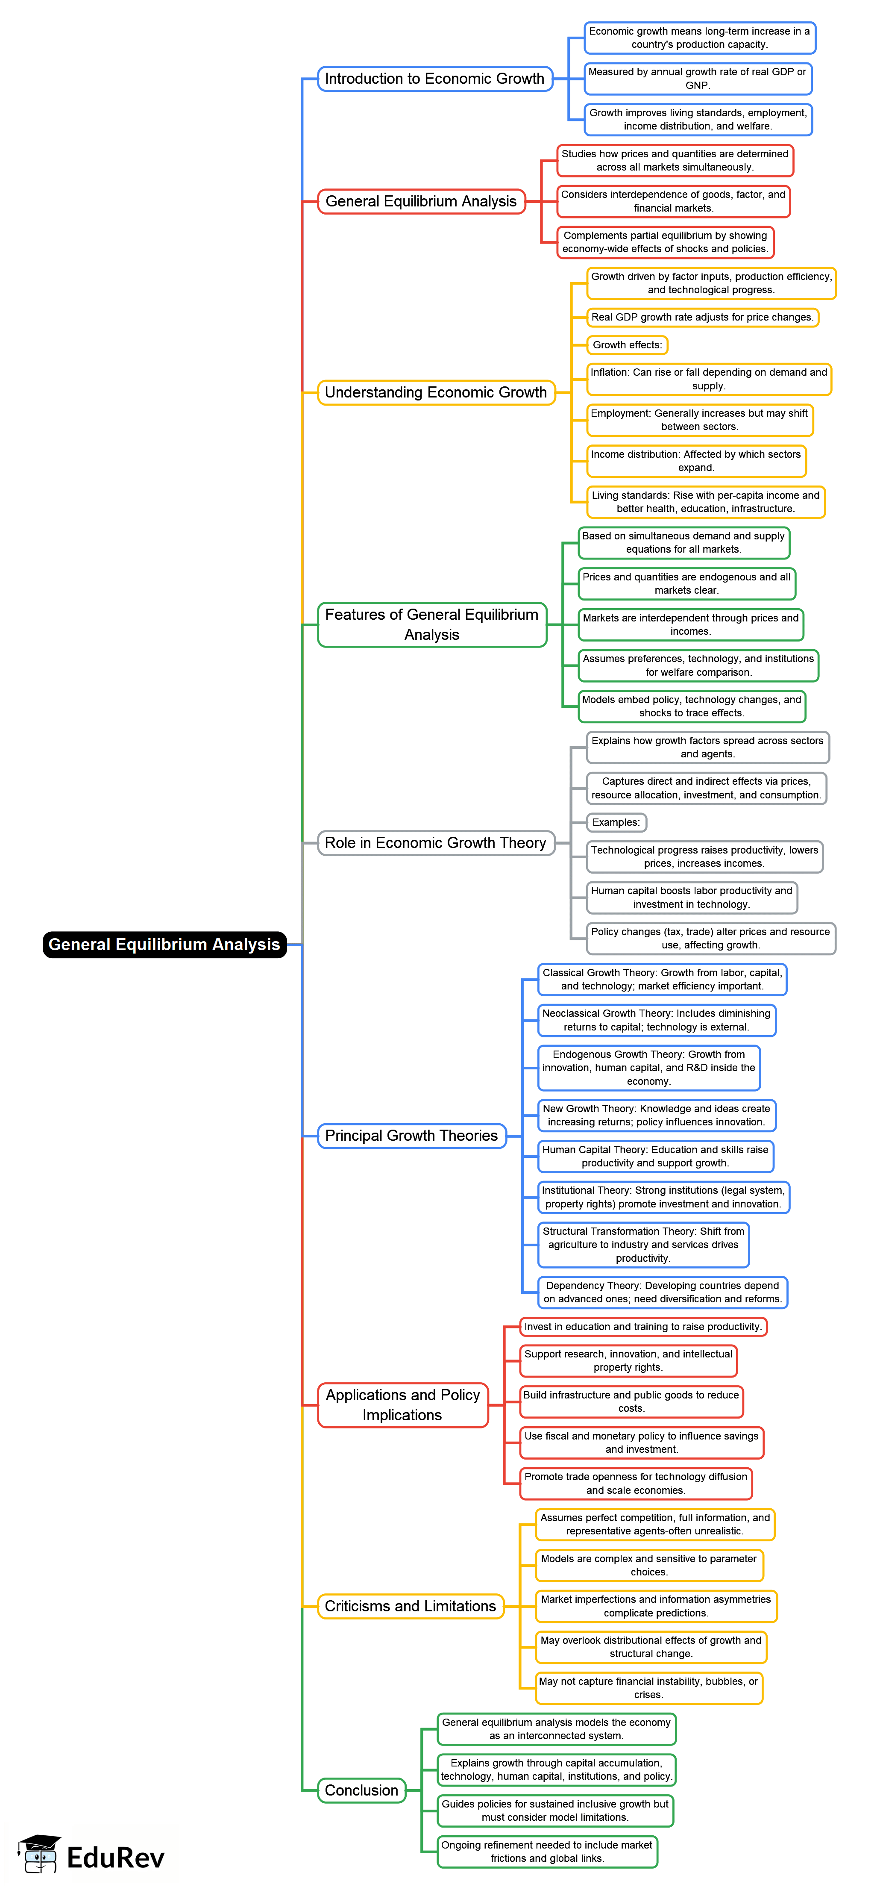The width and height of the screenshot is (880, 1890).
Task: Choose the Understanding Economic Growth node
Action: click(436, 392)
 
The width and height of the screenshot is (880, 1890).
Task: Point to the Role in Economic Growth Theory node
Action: click(436, 843)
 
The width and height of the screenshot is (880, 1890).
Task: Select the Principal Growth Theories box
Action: click(411, 1136)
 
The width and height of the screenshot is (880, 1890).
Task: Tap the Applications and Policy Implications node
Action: click(402, 1405)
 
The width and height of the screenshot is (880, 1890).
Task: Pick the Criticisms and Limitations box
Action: click(410, 1606)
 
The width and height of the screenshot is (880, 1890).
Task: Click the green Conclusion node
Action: click(361, 1790)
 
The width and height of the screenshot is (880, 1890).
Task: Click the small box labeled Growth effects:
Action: click(627, 345)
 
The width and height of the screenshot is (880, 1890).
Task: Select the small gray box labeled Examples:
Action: click(616, 822)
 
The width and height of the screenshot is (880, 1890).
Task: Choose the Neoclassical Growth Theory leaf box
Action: click(656, 1021)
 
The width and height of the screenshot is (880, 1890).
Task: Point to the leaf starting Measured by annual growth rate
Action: click(698, 79)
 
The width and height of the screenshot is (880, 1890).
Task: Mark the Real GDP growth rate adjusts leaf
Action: click(702, 318)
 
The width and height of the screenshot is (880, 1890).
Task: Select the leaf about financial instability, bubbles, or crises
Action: click(648, 1688)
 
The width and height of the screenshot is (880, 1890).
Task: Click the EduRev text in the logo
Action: click(116, 1857)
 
